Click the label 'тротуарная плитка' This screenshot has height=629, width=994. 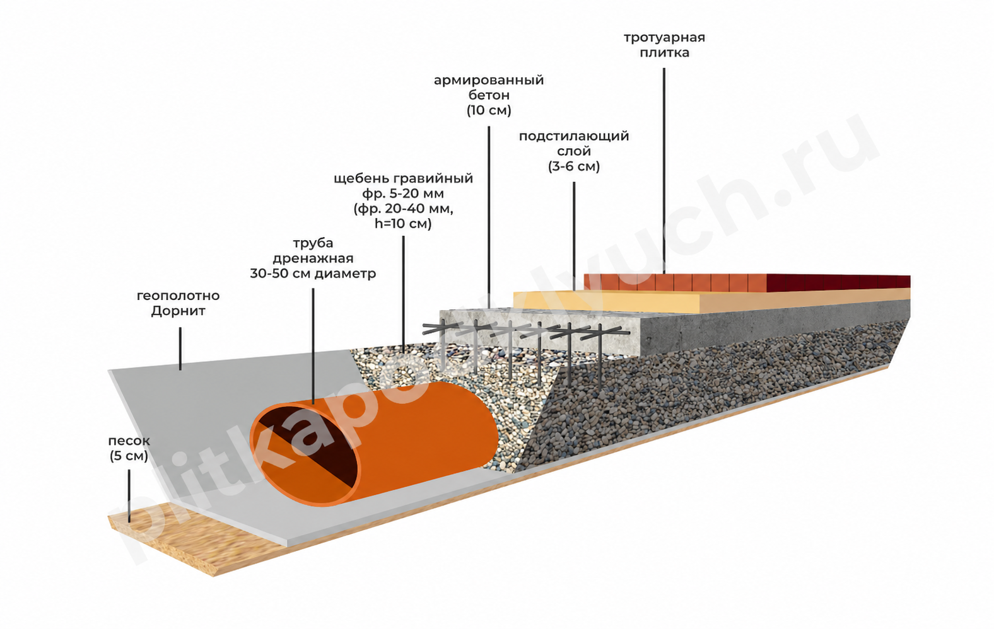(664, 45)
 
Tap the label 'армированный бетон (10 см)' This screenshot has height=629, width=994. (489, 95)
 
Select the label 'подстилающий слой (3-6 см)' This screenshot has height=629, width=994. (574, 151)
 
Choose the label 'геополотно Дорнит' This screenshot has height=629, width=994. (178, 303)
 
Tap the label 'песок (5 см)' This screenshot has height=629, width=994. (129, 449)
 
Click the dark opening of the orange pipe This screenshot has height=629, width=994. (306, 453)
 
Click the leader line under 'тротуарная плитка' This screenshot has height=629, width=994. (664, 171)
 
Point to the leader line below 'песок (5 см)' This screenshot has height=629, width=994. (129, 496)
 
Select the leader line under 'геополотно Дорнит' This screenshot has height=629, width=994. (180, 349)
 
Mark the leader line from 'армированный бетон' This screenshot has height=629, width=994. (489, 217)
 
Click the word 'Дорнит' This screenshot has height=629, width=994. (178, 311)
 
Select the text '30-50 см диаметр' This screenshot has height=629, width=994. (313, 274)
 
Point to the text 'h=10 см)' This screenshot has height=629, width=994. (403, 224)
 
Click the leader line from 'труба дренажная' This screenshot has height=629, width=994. (313, 346)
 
